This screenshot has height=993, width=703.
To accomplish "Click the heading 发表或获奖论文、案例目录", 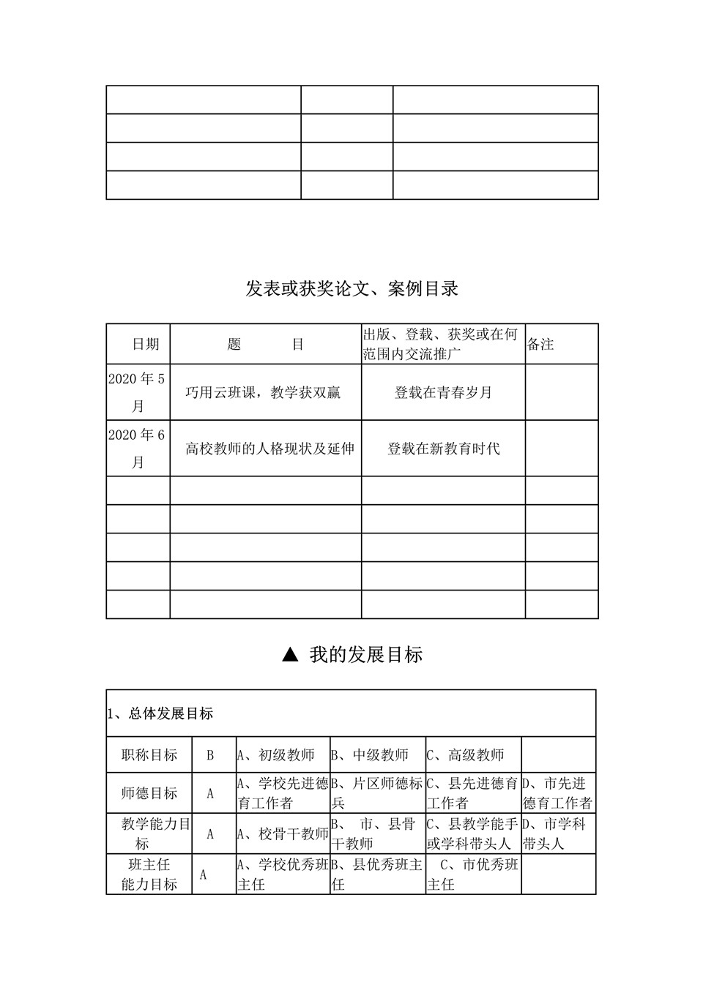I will [351, 289].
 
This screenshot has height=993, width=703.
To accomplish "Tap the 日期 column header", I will [145, 344].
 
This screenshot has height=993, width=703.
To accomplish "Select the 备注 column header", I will [540, 344].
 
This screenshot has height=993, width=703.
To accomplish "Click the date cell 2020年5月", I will [138, 392].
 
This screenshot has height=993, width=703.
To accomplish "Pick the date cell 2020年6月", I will [138, 449].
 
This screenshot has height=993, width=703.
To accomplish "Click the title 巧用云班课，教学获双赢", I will [263, 393].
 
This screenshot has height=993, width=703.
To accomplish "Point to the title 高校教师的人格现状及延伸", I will [269, 449].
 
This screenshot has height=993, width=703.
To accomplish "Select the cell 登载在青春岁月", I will [443, 393].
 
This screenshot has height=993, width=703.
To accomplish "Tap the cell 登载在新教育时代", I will [443, 449].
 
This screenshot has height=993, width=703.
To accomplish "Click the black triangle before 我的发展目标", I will [291, 655].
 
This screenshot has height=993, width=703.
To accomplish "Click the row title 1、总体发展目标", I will [160, 713].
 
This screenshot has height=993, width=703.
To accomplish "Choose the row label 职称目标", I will [149, 755].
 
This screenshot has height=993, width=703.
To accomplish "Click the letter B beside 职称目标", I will [210, 755].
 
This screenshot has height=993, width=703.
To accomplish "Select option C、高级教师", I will [466, 755].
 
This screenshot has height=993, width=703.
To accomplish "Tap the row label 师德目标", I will [149, 793].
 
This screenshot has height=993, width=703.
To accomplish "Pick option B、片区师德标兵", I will [377, 793].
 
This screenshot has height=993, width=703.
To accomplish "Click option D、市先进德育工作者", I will [557, 793].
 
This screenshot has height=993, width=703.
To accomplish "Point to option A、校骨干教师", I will [283, 833].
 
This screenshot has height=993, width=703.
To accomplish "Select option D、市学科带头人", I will [554, 833].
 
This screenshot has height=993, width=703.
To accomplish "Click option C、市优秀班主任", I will [472, 874].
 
